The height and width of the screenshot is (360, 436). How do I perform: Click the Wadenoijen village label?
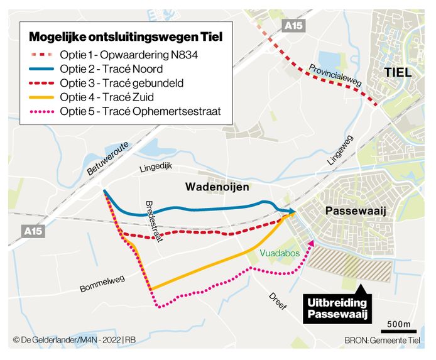click(x=217, y=187)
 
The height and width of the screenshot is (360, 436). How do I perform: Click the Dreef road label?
click(x=277, y=300)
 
